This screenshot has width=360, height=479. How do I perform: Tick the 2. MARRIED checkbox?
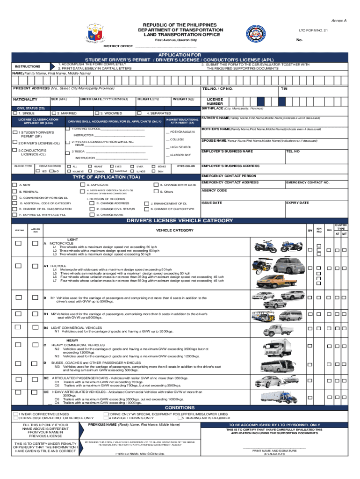(x=53, y=113)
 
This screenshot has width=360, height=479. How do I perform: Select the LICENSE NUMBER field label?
(x=215, y=102)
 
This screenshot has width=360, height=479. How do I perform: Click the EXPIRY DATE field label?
(x=297, y=203)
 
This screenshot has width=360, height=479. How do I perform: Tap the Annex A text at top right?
(x=339, y=21)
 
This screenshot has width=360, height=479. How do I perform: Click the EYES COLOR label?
(x=186, y=166)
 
